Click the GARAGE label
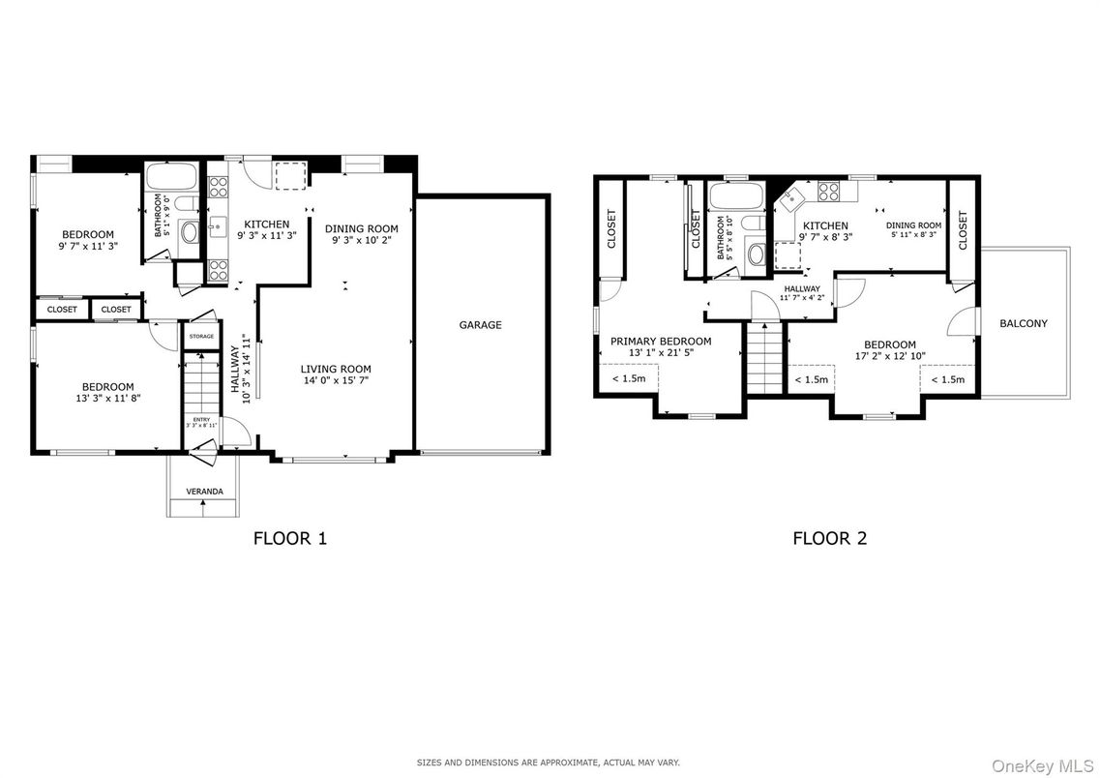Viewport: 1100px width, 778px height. click(480, 325)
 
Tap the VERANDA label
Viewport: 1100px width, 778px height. click(204, 492)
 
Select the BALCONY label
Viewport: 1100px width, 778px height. click(1023, 323)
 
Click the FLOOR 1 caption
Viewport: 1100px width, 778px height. click(289, 538)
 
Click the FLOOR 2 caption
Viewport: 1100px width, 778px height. click(829, 538)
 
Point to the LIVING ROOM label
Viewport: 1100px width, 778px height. click(335, 369)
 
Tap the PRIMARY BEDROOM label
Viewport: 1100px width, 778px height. click(660, 341)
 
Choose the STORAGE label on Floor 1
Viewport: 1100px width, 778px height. click(201, 336)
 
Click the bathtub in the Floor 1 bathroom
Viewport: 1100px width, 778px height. click(171, 177)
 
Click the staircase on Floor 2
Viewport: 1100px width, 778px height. click(762, 358)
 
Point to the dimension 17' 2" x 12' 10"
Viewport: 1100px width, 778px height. click(889, 356)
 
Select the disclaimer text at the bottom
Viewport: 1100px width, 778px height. click(549, 763)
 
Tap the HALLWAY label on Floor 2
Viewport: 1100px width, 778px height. click(802, 289)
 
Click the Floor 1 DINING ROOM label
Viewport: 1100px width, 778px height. click(361, 228)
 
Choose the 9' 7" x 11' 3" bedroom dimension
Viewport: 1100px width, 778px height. click(88, 246)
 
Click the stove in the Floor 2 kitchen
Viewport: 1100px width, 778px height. click(829, 191)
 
